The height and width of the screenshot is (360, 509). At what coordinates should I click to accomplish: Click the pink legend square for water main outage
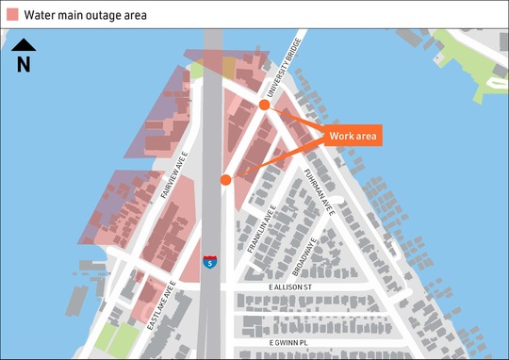pyautogui.click(x=11, y=14)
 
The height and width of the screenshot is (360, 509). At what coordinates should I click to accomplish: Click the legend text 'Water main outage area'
pyautogui.click(x=86, y=14)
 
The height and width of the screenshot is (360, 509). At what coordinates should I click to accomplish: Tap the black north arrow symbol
pyautogui.click(x=24, y=44)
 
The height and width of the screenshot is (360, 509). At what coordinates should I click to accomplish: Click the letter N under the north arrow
pyautogui.click(x=24, y=64)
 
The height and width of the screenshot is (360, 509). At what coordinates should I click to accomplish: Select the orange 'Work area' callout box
pyautogui.click(x=353, y=137)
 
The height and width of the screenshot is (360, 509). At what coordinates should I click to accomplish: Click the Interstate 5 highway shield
pyautogui.click(x=211, y=260)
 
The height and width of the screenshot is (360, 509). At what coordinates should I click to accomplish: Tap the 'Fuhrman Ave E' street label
pyautogui.click(x=319, y=192)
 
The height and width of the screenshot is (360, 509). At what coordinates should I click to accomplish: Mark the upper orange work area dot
pyautogui.click(x=265, y=106)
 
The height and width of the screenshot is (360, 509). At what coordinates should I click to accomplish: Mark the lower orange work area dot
pyautogui.click(x=226, y=179)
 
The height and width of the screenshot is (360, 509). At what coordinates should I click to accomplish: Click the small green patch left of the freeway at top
pyautogui.click(x=197, y=70)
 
